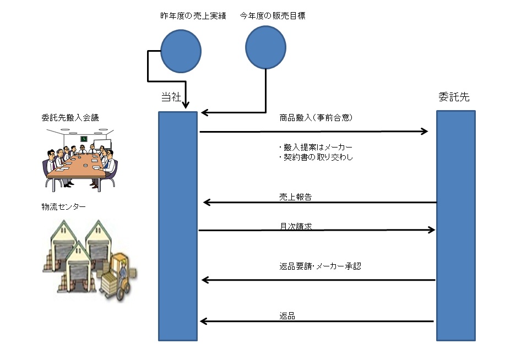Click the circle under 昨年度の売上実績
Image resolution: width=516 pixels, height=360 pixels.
181,51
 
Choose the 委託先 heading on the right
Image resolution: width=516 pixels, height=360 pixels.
454,97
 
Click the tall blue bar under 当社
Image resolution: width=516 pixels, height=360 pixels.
178,226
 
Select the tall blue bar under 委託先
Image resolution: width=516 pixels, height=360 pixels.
456,226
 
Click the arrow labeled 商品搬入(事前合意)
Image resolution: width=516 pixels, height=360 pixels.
314,132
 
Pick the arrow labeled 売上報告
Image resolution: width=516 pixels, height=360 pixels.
319,203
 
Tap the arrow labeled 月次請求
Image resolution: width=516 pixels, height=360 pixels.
317,230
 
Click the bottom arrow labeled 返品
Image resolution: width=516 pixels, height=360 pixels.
317,321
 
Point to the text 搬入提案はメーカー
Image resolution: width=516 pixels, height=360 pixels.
316,148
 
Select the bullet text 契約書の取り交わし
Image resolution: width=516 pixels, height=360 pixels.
316,157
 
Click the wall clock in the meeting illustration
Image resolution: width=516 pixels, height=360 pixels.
84,139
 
